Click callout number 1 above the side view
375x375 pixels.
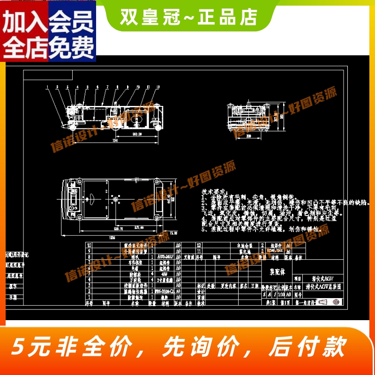click(47, 87)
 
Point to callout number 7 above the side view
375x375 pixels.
click(107, 87)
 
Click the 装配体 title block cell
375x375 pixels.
click(277, 271)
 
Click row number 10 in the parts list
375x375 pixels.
click(89, 245)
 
